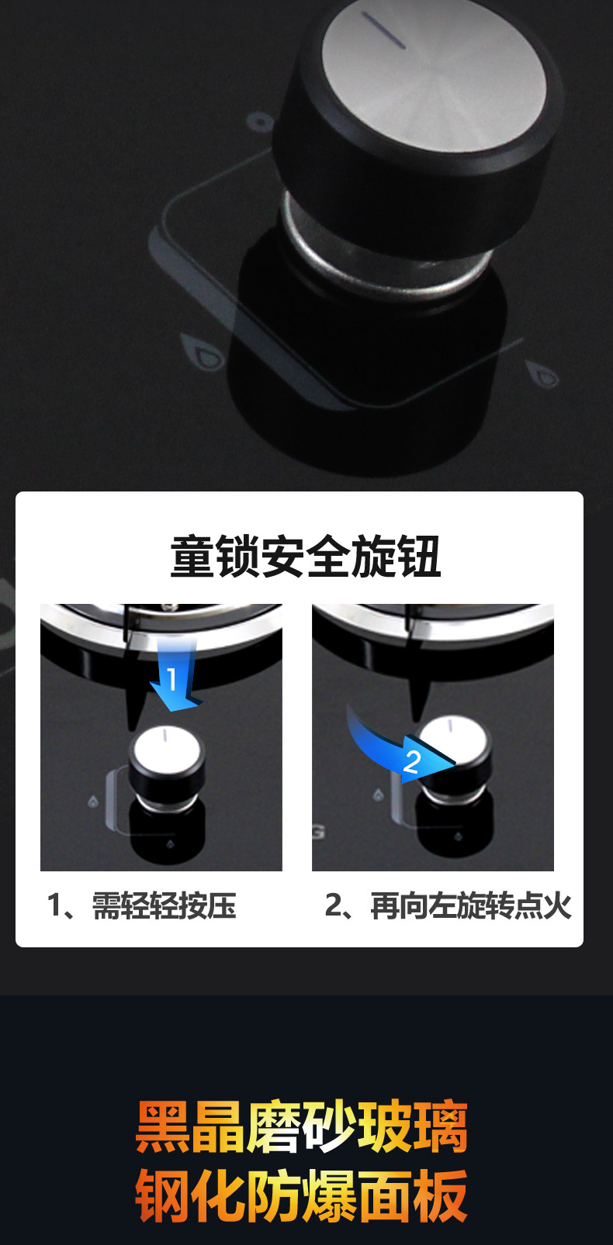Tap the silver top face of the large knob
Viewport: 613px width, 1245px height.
(435, 78)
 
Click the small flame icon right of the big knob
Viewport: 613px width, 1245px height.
(543, 374)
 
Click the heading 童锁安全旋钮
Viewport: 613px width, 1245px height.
(306, 557)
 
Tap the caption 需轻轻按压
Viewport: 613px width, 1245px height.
(164, 905)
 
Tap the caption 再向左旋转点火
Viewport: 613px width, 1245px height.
(470, 905)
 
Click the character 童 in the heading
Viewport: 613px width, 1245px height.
(192, 557)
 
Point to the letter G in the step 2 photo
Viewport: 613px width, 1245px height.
(318, 833)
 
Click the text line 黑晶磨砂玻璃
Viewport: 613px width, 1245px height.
(302, 1126)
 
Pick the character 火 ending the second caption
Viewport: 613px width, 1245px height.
(557, 905)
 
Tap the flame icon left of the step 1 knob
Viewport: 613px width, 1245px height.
(93, 802)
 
